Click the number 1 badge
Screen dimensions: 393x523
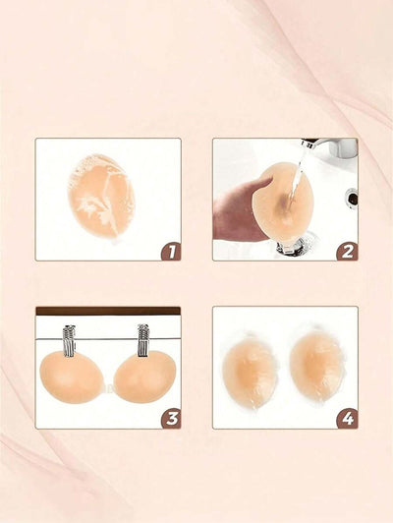click(171, 252)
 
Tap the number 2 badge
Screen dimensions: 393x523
click(347, 252)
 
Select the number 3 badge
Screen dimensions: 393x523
click(171, 419)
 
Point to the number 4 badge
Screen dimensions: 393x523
click(348, 419)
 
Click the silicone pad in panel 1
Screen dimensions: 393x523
click(101, 197)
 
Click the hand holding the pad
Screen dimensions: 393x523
click(239, 211)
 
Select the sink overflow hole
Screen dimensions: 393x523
click(352, 198)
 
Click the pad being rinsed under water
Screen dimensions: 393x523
click(283, 202)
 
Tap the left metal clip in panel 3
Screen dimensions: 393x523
click(69, 340)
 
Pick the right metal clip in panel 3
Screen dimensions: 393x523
click(143, 340)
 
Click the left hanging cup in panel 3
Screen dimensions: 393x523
click(70, 378)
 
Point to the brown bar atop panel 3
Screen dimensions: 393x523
click(108, 311)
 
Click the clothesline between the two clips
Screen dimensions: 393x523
click(106, 339)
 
